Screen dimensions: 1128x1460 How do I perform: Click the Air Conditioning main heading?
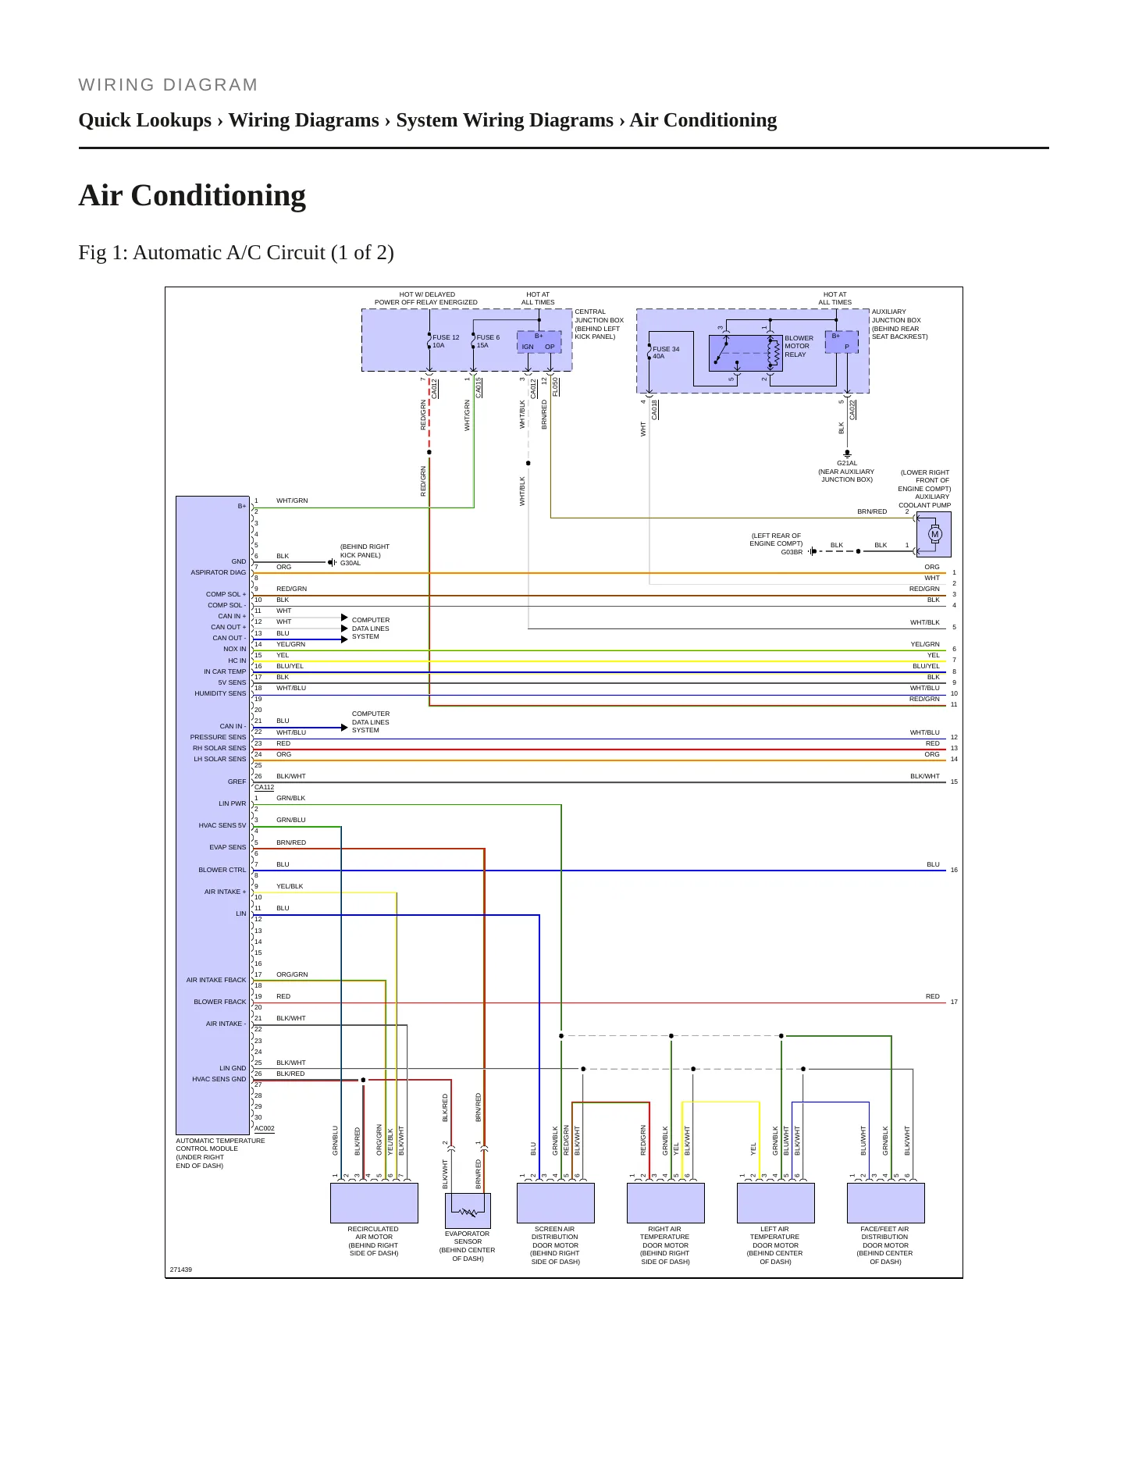(192, 195)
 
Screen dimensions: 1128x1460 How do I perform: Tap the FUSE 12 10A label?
(446, 341)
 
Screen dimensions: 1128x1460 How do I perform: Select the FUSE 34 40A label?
(666, 352)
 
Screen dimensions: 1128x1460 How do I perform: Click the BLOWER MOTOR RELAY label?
(799, 346)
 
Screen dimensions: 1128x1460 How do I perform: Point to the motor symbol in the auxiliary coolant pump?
(934, 535)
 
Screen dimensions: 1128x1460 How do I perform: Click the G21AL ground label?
(847, 463)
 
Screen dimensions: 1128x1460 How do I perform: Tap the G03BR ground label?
(792, 552)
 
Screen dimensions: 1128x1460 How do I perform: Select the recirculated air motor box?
(374, 1203)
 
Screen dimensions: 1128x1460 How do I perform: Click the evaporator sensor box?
(468, 1211)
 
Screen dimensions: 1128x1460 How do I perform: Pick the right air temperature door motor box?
(666, 1203)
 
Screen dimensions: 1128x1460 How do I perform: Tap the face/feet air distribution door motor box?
(886, 1203)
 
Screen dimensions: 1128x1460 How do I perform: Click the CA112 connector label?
(264, 787)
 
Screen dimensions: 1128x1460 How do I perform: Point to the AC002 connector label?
(264, 1128)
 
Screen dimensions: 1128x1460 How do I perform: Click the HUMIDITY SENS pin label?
(220, 693)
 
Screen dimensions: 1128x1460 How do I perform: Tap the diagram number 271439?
(181, 1269)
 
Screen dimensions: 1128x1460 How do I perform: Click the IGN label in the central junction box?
(528, 347)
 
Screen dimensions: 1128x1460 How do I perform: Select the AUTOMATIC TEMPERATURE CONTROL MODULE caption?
(220, 1153)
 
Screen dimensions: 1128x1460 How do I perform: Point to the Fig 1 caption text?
(236, 253)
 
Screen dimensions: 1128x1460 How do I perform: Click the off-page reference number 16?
(954, 870)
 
